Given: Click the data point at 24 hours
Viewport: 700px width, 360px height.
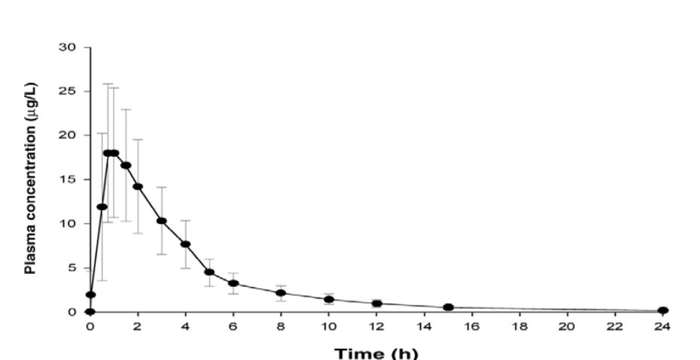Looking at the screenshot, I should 663,310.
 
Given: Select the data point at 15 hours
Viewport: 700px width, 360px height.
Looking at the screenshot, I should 448,307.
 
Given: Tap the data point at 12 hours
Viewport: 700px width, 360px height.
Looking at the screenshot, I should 376,303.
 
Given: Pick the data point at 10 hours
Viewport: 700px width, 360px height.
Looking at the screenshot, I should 329,300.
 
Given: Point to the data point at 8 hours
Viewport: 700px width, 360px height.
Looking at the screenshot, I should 281,293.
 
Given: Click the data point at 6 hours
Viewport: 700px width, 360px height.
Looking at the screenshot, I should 233,284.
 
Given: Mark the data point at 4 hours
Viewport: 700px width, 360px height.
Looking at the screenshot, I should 186,244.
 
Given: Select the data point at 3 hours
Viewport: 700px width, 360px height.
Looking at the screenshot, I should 161,220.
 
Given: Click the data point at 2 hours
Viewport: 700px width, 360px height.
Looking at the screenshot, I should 138,186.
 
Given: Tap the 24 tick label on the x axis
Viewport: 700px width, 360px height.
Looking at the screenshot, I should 663,326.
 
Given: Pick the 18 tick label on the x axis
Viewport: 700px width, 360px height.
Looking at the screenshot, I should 520,326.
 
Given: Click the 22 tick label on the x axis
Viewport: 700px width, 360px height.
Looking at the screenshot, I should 616,326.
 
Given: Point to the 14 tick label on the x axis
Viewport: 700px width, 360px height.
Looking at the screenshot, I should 424,326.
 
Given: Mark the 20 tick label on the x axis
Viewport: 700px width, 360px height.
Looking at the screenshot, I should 567,326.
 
